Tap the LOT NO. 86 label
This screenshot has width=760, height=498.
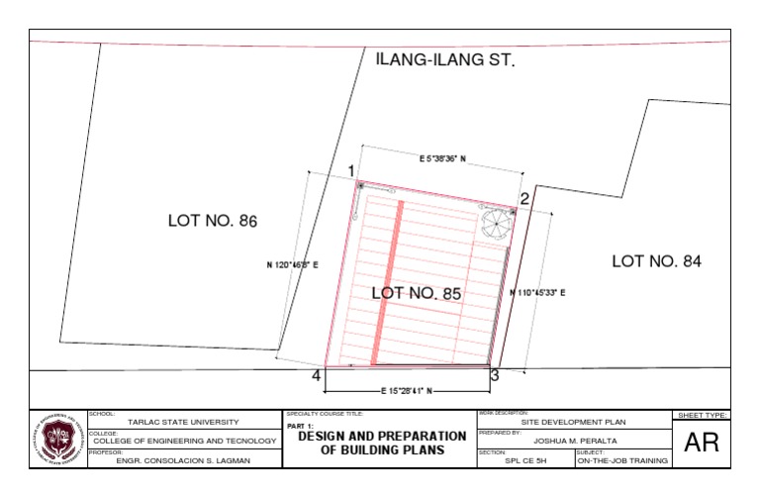pyautogui.click(x=212, y=221)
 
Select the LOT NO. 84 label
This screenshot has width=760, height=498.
pyautogui.click(x=656, y=261)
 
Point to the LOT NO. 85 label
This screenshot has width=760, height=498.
pyautogui.click(x=417, y=293)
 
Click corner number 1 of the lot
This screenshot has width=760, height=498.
pyautogui.click(x=350, y=171)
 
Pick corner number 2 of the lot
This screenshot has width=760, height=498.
pyautogui.click(x=524, y=198)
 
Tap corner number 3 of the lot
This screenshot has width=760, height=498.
pyautogui.click(x=494, y=375)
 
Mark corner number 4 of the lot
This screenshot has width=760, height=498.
pyautogui.click(x=317, y=376)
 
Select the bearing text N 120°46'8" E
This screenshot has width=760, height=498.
pyautogui.click(x=292, y=265)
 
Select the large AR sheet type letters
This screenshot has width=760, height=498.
pyautogui.click(x=701, y=444)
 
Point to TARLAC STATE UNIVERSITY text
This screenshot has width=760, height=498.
pyautogui.click(x=183, y=422)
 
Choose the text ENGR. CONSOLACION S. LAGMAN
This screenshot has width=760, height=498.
pyautogui.click(x=183, y=460)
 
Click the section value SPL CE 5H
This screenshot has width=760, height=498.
pyautogui.click(x=524, y=460)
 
